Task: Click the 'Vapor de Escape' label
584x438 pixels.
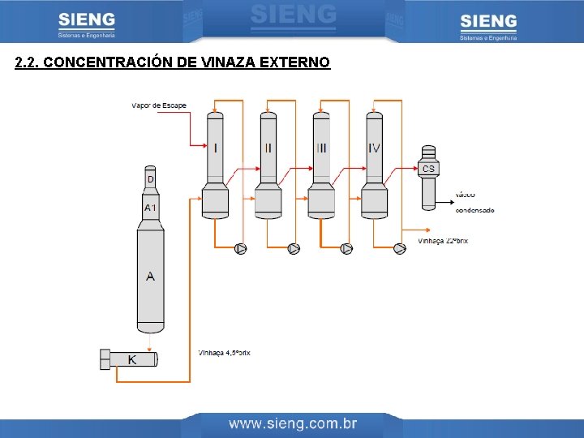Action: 158,105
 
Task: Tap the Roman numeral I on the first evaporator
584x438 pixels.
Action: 215,148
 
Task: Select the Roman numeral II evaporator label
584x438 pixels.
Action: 268,148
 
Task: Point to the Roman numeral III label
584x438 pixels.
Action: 322,148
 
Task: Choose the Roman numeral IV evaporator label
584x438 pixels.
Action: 374,148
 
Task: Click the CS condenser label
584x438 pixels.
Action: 429,169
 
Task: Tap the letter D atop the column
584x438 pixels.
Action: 150,178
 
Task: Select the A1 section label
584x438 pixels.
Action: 151,208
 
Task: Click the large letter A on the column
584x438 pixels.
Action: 150,277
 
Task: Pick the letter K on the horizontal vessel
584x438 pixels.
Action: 132,359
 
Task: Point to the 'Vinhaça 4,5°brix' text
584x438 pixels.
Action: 225,353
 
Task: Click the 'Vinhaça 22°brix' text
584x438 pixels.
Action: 443,241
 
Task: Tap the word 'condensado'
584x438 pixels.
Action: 474,210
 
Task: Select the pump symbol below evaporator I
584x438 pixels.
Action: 241,249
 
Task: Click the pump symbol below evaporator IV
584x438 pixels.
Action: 399,249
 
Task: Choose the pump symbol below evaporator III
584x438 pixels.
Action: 346,249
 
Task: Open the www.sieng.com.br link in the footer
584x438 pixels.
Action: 293,423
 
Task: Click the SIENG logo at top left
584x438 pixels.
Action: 87,24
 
